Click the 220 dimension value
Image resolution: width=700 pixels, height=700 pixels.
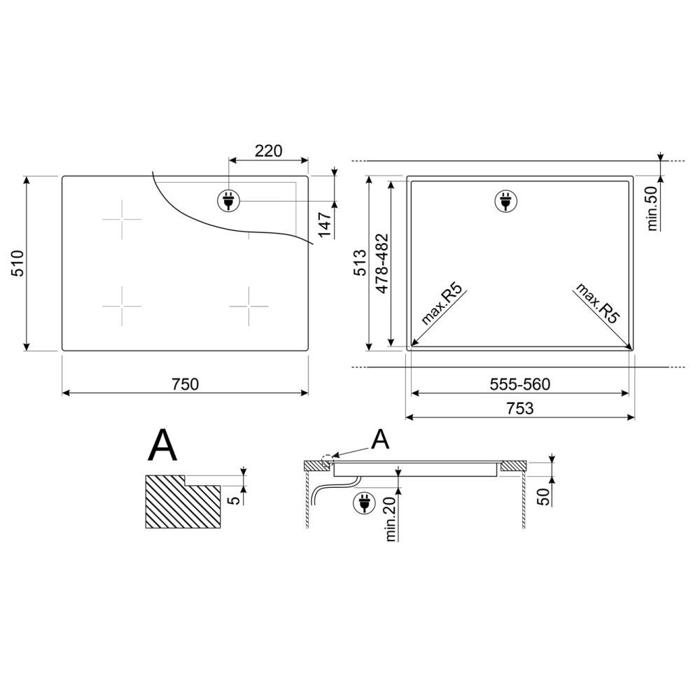267,150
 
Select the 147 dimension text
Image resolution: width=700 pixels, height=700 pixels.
324,225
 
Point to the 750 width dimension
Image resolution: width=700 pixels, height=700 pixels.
185,384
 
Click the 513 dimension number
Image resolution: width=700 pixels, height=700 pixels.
359,262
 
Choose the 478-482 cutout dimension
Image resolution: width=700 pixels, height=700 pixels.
381,262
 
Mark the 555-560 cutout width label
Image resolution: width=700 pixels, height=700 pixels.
519,385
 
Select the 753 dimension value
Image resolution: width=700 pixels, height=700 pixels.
519,408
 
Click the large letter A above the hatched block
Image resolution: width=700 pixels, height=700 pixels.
162,446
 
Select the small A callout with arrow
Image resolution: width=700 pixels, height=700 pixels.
380,439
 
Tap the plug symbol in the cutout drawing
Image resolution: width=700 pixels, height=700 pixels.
505,201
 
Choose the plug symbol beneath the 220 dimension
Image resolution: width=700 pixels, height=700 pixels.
227,200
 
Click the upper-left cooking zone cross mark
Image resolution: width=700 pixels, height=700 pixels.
122,219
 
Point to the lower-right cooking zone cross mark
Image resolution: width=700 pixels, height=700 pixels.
248,306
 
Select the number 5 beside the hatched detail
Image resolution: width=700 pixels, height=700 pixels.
236,498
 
